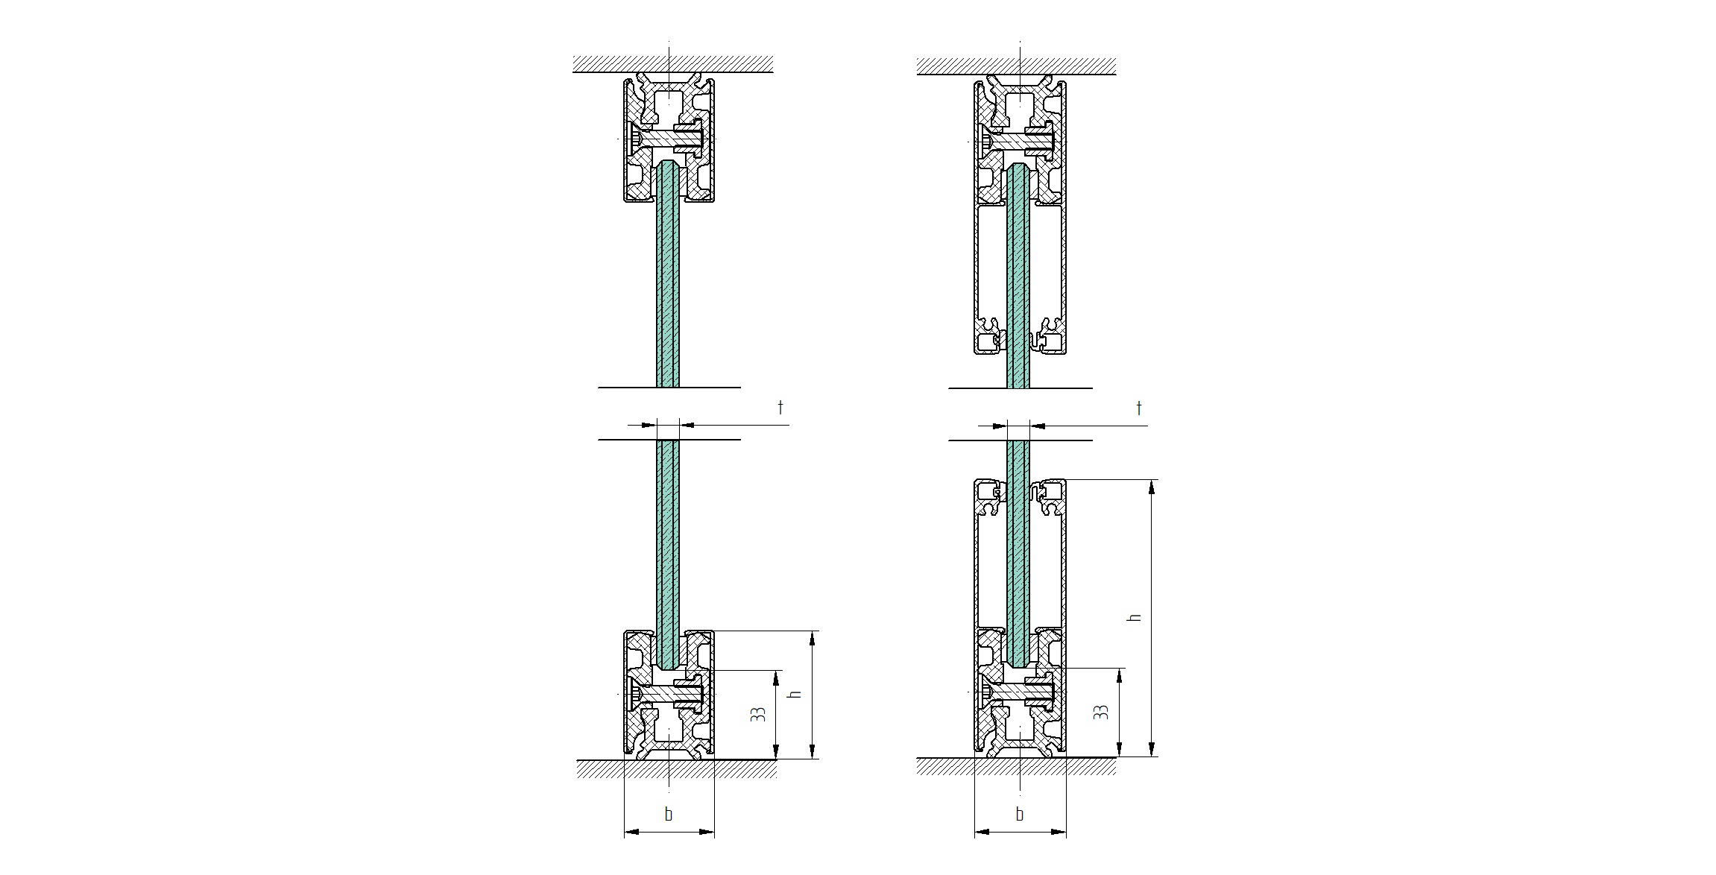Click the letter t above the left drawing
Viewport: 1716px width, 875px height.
(780, 407)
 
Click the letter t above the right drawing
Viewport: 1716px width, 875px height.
(1138, 408)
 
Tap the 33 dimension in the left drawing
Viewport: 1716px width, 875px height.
(757, 714)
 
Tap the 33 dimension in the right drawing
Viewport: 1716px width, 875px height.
(1100, 712)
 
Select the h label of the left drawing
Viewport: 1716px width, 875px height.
(795, 693)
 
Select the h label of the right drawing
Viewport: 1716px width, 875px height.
(1135, 617)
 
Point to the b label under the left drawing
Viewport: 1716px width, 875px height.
(668, 814)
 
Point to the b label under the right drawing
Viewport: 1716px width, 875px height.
(1019, 814)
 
